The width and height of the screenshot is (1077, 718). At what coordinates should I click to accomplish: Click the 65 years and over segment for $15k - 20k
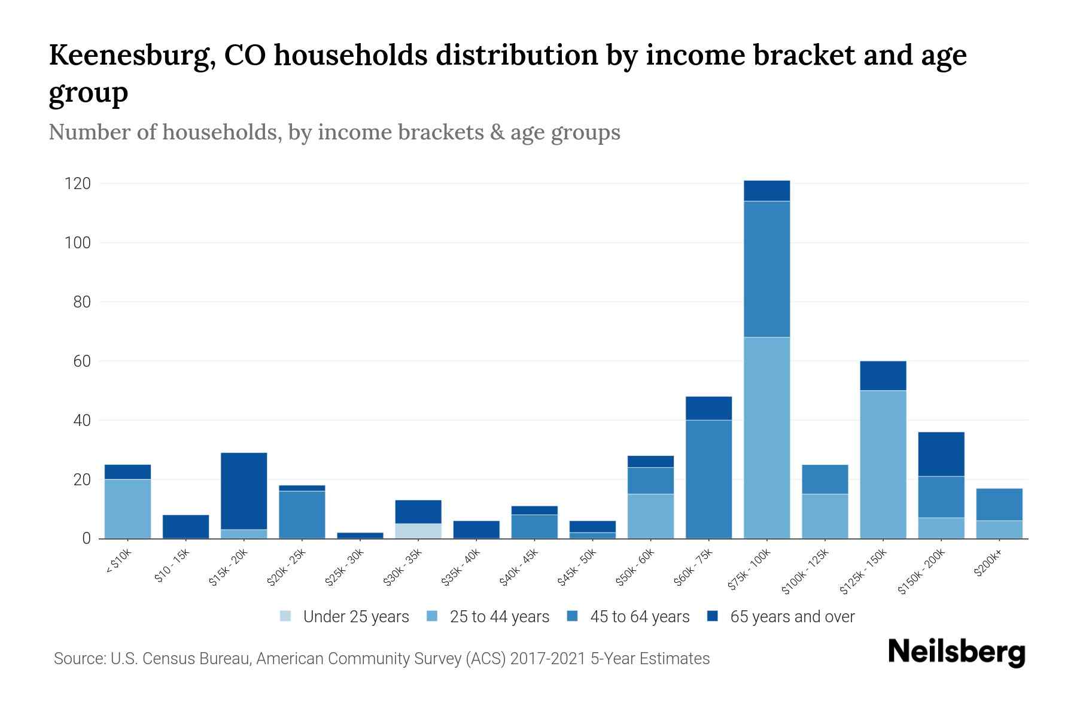point(244,491)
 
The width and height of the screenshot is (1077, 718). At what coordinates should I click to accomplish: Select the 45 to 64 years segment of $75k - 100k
point(766,269)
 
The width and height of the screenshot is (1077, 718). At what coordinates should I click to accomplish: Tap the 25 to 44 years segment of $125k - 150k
point(883,464)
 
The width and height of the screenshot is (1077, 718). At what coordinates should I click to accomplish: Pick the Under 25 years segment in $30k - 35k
point(418,531)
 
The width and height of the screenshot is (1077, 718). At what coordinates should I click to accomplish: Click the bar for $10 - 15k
point(185,527)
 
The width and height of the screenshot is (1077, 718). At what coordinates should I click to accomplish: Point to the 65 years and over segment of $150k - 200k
point(941,454)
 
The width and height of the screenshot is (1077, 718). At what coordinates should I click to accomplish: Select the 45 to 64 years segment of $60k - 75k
point(708,479)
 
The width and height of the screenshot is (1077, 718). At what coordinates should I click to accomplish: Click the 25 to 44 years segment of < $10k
point(127,509)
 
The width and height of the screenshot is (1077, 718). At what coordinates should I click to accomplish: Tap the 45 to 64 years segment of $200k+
point(999,504)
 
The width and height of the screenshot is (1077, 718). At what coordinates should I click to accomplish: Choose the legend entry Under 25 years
point(345,617)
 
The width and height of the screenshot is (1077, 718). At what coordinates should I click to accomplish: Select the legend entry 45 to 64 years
point(628,617)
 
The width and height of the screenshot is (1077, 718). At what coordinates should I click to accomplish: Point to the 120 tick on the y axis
point(78,184)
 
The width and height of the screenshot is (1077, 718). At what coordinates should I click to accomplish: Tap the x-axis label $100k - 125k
point(806,571)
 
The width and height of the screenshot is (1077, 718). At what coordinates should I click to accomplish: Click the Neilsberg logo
point(956,652)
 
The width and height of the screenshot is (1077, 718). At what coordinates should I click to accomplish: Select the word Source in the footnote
point(78,659)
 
